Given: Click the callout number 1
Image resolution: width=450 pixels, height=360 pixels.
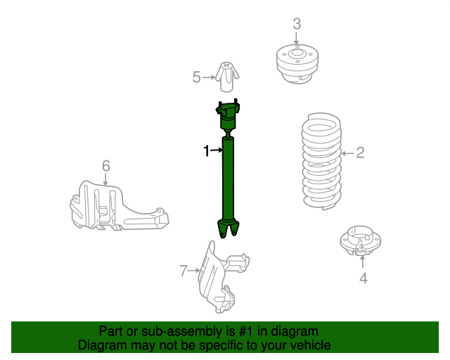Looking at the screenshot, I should tap(207, 150).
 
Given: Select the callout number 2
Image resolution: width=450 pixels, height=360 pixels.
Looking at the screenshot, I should tap(360, 153).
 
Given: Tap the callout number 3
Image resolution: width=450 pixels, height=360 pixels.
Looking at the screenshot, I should tap(297, 23).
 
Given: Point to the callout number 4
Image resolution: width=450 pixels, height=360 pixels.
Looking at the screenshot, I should tap(363, 278).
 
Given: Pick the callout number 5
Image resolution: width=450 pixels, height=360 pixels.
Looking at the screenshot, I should tap(197, 77).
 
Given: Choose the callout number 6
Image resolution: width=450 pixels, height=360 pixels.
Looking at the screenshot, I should tap(105, 166).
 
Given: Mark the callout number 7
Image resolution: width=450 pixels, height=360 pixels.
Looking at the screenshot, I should tap(184, 270).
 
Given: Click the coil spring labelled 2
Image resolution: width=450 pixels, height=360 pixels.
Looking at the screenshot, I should tap(321, 162).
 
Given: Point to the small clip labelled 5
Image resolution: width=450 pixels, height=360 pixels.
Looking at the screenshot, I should tap(227, 77).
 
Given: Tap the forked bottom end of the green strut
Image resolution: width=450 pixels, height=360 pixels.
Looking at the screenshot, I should tap(229, 229).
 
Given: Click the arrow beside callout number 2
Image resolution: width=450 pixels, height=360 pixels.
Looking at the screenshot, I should tap(346, 153).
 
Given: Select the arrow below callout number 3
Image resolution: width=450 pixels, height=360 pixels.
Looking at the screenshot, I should tap(297, 39).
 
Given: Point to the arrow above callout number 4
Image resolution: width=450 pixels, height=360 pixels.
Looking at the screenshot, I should tap(363, 262).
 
